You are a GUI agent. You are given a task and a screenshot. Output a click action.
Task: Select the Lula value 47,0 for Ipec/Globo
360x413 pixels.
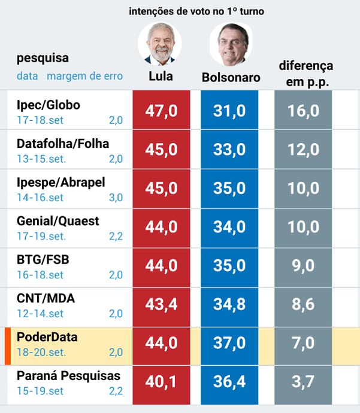[x=162, y=111]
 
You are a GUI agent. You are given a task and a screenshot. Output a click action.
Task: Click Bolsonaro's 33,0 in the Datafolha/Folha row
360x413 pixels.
[x=229, y=150]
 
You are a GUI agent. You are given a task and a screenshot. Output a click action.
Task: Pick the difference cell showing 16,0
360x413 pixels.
[x=304, y=111]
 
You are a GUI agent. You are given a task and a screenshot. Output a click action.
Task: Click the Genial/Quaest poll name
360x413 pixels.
[x=58, y=221]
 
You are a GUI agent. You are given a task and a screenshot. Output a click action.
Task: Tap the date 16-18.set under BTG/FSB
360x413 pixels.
[x=40, y=275]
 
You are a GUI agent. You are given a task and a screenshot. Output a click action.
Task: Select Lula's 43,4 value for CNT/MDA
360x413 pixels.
[x=162, y=304]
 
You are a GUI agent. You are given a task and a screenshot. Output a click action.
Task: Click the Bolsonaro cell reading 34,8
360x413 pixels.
[x=229, y=304]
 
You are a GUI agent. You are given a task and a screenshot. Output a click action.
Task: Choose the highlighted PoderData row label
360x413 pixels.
[x=47, y=338]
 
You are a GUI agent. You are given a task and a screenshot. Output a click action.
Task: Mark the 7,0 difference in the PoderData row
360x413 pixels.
[x=304, y=343]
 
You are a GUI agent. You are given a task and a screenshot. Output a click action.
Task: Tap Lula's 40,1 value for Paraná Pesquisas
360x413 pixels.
[x=162, y=382]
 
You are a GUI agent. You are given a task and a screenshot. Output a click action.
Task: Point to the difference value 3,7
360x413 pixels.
[x=304, y=382]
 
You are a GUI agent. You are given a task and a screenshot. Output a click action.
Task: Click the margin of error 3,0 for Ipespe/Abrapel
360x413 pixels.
[x=116, y=198]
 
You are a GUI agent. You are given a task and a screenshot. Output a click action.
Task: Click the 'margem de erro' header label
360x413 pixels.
[x=84, y=76]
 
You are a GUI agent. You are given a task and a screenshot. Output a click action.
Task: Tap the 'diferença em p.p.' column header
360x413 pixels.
[x=305, y=74]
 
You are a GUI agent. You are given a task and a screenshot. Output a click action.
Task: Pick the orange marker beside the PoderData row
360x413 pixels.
[x=8, y=346]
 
